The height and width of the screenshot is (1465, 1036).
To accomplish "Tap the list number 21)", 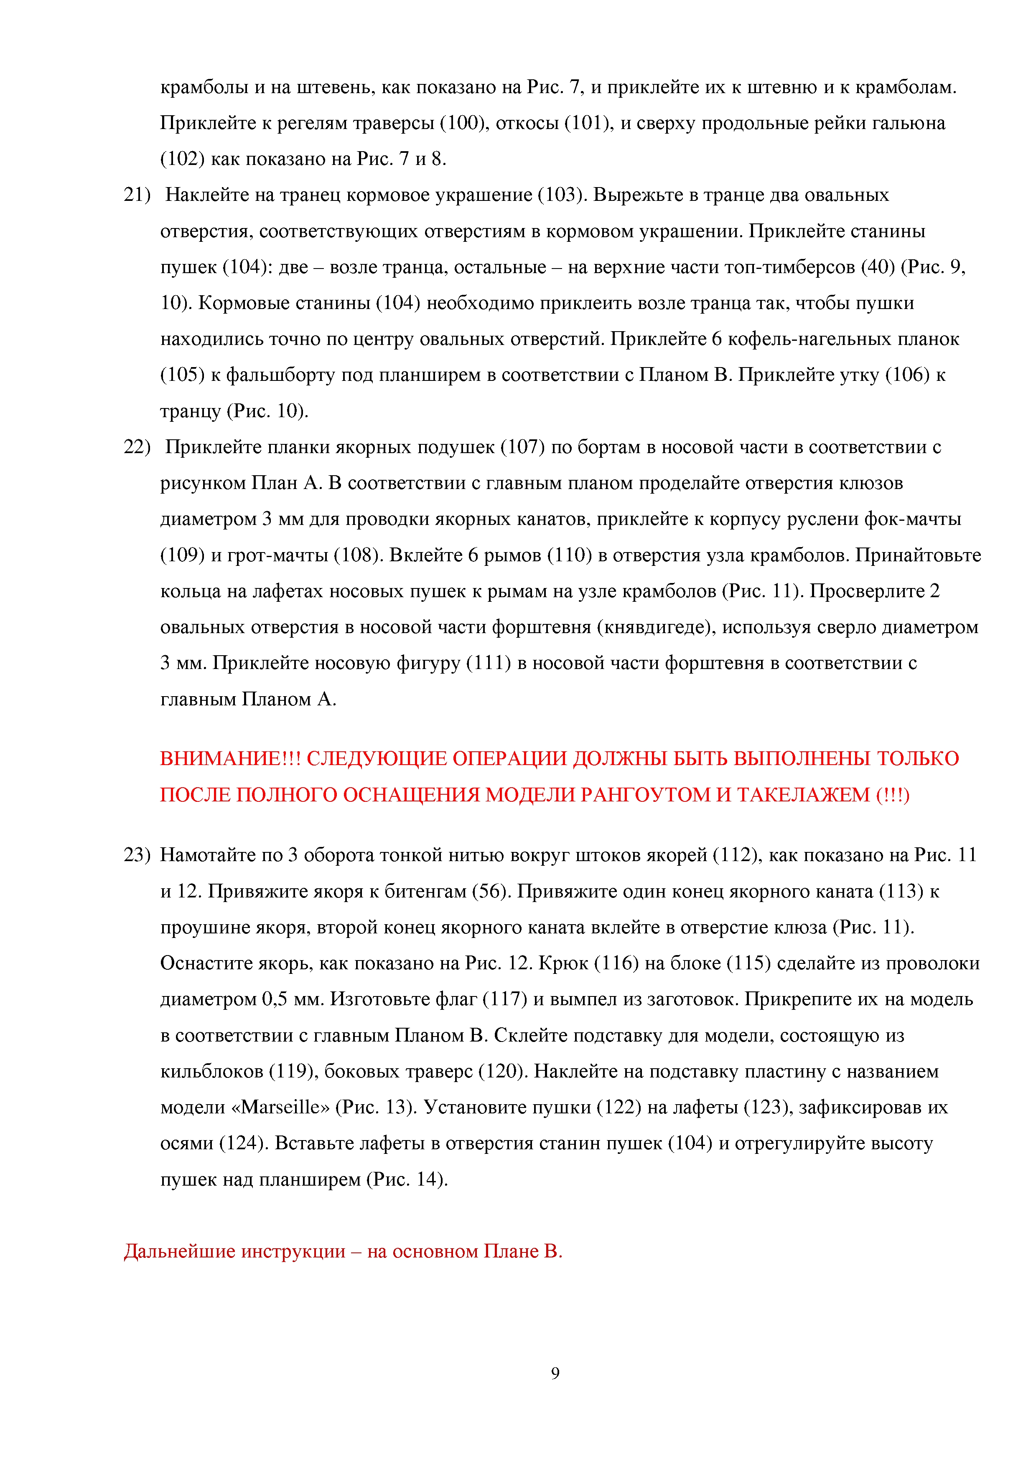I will tap(137, 195).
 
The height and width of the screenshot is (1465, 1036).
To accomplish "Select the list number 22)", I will tap(137, 447).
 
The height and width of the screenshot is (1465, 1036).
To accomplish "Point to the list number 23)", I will tap(137, 854).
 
